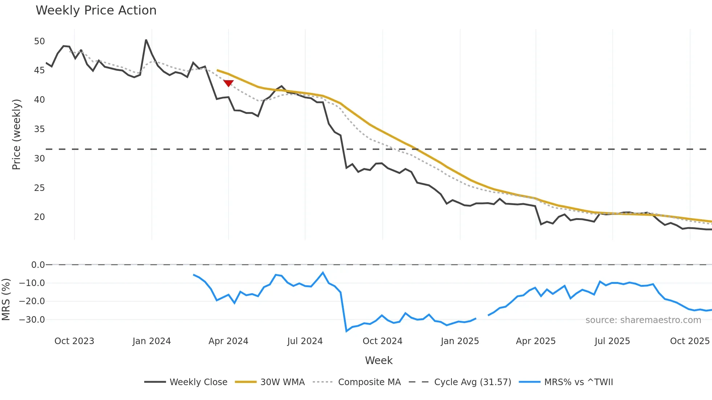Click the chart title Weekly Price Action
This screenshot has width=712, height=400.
(96, 11)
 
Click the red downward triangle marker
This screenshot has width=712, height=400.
(228, 83)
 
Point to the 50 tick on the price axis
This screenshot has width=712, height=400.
(39, 41)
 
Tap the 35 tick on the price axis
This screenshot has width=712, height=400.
(39, 129)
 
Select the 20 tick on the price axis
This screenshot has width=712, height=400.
(39, 217)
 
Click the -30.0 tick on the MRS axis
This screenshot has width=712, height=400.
(32, 320)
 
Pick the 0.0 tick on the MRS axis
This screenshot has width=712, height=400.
(38, 265)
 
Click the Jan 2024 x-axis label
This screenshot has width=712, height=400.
(151, 341)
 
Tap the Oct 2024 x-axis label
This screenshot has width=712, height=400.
(382, 341)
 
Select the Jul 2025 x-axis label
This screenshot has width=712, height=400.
(612, 341)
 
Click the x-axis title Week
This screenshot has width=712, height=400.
(379, 360)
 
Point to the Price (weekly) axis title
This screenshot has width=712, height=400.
(16, 134)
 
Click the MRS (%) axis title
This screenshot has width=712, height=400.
(6, 299)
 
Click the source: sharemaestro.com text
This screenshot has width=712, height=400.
(643, 320)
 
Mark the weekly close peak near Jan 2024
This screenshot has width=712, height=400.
(146, 40)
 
